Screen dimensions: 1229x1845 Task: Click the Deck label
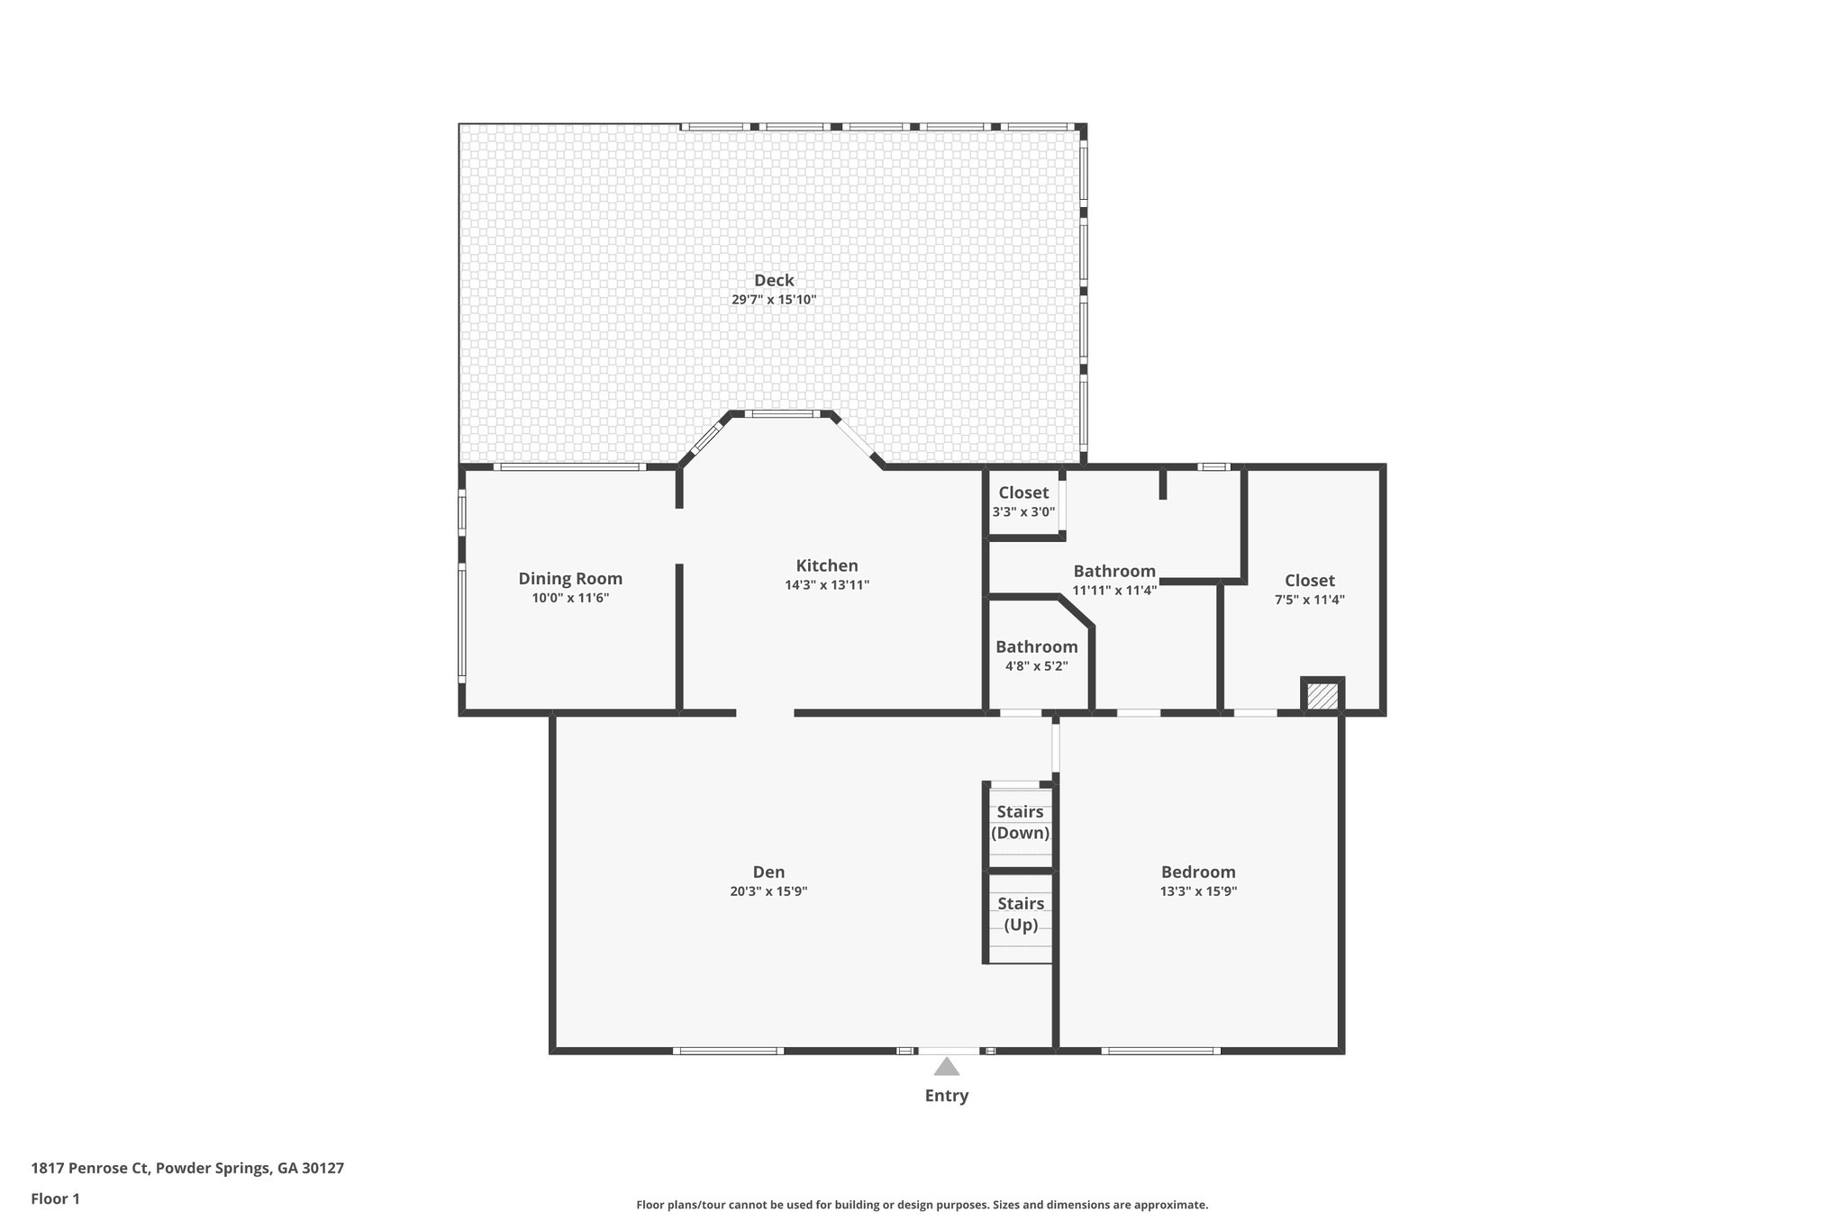click(x=774, y=280)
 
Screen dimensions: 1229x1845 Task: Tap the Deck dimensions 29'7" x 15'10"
click(x=774, y=300)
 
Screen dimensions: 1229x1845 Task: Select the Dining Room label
click(x=570, y=579)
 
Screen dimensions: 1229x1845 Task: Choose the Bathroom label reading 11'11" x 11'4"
click(x=1114, y=572)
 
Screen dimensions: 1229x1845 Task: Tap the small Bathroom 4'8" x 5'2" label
click(x=1036, y=647)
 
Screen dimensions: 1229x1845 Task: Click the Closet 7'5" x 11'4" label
click(x=1309, y=581)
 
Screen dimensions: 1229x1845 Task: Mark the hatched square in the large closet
click(x=1322, y=697)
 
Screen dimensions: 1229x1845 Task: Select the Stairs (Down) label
click(x=1020, y=822)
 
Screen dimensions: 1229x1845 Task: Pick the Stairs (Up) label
click(x=1021, y=914)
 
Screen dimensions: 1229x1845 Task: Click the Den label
click(x=768, y=872)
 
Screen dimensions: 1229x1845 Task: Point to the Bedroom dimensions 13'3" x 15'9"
click(x=1198, y=891)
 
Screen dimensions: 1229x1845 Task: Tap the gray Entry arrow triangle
click(x=946, y=1068)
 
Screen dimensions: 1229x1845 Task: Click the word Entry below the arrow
click(x=946, y=1096)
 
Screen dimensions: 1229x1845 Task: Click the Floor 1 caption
click(x=55, y=1199)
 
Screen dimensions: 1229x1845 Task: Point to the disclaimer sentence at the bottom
click(x=922, y=1205)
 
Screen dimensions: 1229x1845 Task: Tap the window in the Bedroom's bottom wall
click(x=1160, y=1051)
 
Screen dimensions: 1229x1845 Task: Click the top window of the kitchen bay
click(x=781, y=414)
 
